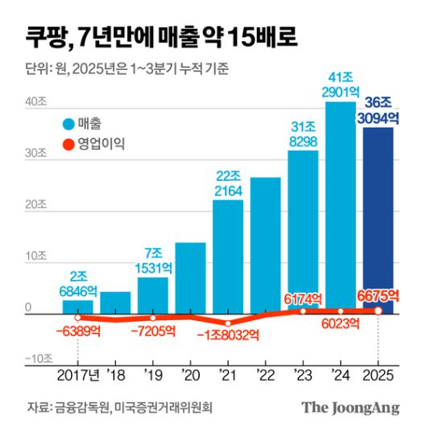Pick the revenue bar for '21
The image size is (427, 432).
[228, 253]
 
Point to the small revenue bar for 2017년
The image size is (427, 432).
[77, 307]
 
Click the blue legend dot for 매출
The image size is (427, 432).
[69, 124]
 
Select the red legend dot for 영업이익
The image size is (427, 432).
[69, 146]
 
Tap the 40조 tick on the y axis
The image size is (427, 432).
[36, 102]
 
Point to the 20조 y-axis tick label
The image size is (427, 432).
[36, 204]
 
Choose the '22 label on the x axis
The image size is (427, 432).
[265, 375]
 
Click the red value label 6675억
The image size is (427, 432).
[377, 296]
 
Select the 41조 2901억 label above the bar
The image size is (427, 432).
[341, 84]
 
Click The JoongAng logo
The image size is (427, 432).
[350, 408]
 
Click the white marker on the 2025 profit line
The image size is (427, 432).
[378, 311]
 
